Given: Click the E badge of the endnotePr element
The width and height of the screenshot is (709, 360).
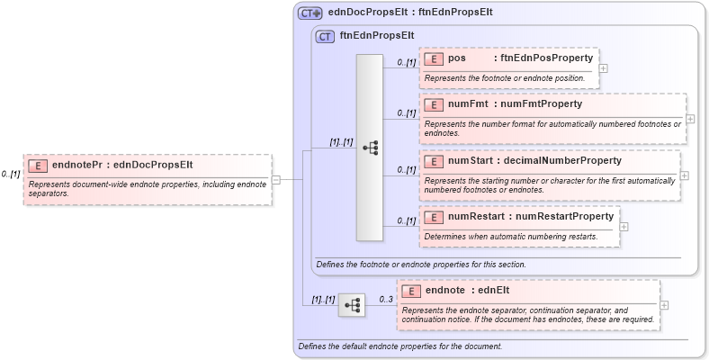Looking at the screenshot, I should click(x=38, y=166).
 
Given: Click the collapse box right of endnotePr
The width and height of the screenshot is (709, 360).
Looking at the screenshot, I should click(x=276, y=179).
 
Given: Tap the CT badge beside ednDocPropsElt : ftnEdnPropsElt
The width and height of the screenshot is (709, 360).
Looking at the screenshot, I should click(x=310, y=13).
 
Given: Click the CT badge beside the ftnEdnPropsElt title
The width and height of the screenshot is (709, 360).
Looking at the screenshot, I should click(x=325, y=37).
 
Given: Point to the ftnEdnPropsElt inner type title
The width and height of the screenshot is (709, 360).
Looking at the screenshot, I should click(x=377, y=37).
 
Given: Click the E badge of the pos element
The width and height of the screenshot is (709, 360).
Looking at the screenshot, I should click(x=435, y=58).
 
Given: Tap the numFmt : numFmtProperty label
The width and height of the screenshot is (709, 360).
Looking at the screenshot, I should click(x=515, y=104).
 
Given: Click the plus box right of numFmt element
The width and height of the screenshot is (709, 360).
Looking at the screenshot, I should click(x=690, y=119).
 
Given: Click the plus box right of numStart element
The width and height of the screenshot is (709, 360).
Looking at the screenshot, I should click(x=685, y=175).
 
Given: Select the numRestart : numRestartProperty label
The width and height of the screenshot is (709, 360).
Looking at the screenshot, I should click(x=531, y=217).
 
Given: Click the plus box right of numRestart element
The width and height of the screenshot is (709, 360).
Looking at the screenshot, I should click(x=624, y=226).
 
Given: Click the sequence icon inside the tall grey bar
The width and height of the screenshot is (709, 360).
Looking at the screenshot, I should click(x=370, y=148).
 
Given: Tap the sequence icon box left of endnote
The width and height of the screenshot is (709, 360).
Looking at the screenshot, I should click(x=352, y=306).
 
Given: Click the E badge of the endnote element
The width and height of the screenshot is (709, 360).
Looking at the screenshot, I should click(x=411, y=291).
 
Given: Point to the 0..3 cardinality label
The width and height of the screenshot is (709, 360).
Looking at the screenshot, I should click(x=385, y=300).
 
